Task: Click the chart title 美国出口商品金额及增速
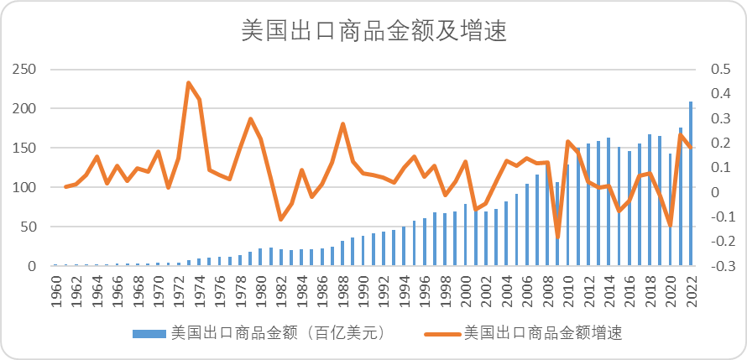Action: coord(373,31)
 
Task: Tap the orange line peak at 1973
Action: coord(188,83)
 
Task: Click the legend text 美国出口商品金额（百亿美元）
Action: coord(278,333)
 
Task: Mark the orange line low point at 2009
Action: coord(557,237)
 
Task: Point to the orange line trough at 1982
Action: coord(280,220)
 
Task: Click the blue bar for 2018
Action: coord(650,201)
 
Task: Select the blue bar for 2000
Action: coord(466,235)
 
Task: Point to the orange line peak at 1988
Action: coord(342,124)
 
